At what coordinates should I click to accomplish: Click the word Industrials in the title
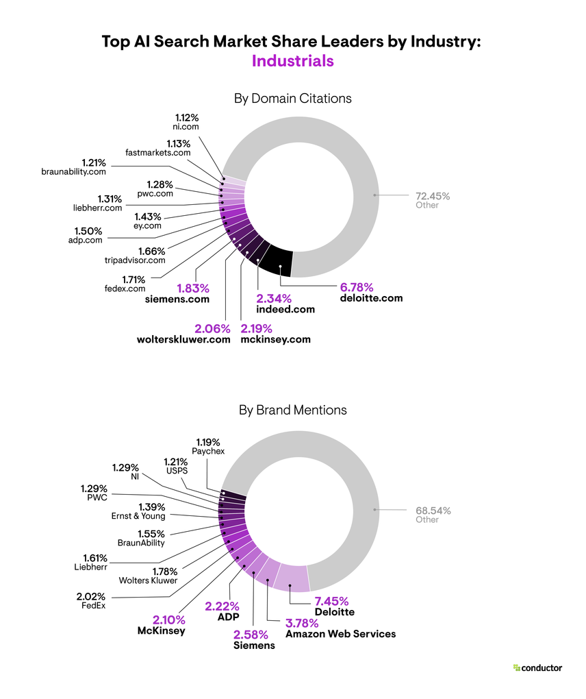click(292, 60)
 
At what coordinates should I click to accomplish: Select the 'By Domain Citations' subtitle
click(292, 98)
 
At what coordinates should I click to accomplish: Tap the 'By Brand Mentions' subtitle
click(292, 410)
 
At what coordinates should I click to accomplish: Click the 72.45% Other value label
click(433, 196)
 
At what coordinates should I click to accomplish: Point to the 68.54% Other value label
click(433, 511)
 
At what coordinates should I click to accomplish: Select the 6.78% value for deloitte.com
click(357, 286)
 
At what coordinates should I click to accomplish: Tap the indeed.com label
click(285, 309)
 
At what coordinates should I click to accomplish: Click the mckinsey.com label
click(276, 339)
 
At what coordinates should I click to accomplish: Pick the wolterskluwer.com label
click(184, 339)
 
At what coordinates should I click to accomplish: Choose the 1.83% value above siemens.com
click(194, 288)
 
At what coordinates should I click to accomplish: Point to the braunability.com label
click(73, 172)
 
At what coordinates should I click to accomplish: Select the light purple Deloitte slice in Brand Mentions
click(290, 578)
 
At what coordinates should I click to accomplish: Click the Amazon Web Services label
click(340, 634)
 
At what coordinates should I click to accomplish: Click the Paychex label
click(208, 451)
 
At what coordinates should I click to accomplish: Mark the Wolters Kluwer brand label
click(149, 581)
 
